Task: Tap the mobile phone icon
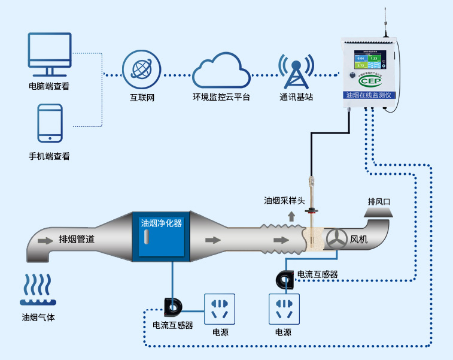pyautogui.click(x=50, y=123)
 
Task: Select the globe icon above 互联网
pyautogui.click(x=142, y=68)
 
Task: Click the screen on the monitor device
pyautogui.click(x=369, y=62)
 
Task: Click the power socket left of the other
pyautogui.click(x=220, y=308)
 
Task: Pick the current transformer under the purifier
pyautogui.click(x=174, y=307)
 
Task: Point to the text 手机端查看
pyautogui.click(x=50, y=156)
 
